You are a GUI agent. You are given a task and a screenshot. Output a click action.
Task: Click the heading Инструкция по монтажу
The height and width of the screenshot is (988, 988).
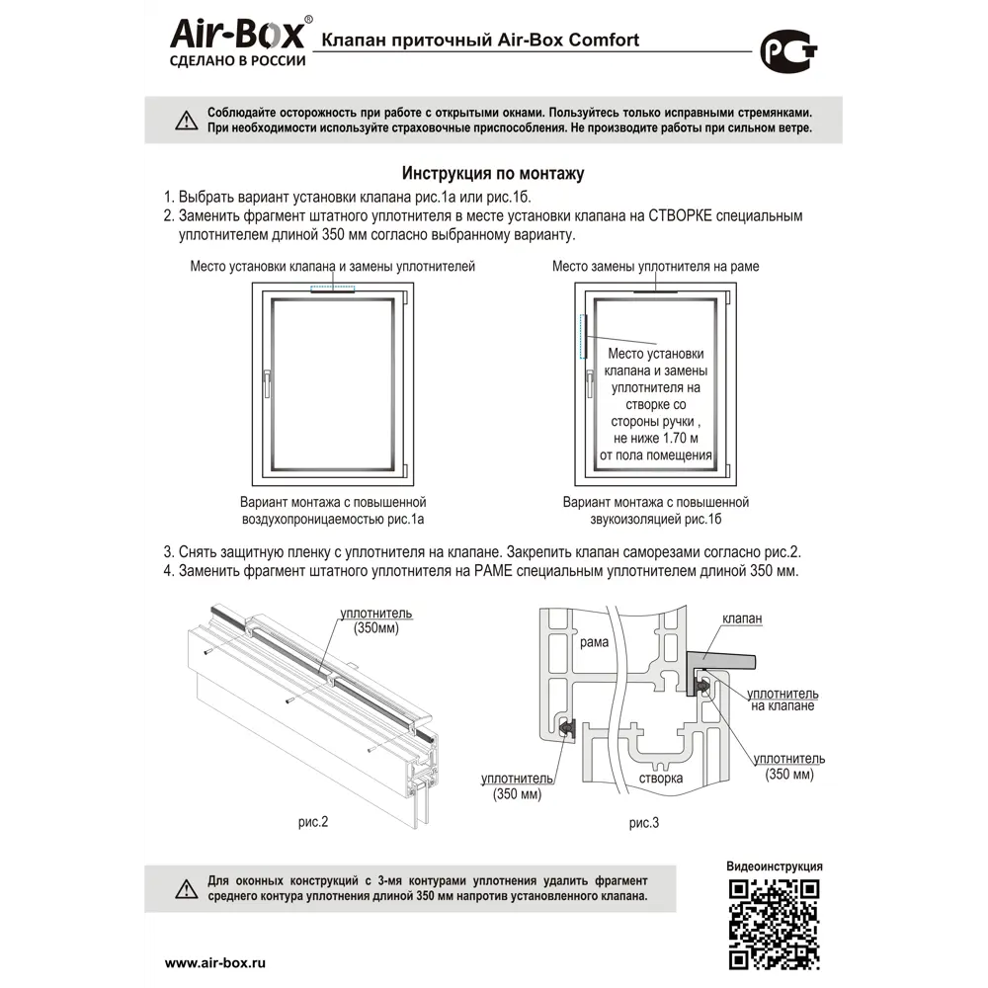pos(493,174)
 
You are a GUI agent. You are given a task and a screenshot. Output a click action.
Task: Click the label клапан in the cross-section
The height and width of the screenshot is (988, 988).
pos(742,618)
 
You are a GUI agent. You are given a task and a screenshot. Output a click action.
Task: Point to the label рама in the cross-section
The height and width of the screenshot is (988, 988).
pos(594,643)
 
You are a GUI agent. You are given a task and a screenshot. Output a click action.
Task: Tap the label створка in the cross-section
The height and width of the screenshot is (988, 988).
pos(660,779)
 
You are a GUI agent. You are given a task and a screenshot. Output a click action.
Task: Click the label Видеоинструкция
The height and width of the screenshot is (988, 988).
pos(774,866)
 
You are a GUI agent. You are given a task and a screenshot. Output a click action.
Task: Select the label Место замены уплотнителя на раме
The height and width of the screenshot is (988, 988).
pos(655,267)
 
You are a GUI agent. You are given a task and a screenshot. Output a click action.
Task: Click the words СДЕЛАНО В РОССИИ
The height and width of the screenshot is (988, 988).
pos(238,59)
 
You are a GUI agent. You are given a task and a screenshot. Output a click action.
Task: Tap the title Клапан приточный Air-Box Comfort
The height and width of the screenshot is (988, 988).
pos(476,41)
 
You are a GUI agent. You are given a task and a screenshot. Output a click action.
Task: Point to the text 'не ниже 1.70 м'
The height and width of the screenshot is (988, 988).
pos(655,437)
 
